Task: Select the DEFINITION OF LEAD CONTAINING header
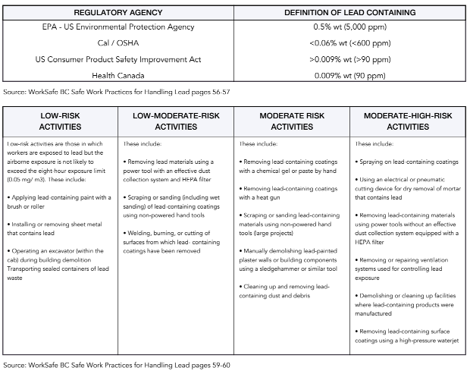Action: coord(349,13)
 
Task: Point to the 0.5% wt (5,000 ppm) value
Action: coord(349,27)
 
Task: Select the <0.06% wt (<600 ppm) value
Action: coord(349,43)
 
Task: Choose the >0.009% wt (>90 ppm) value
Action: coord(349,59)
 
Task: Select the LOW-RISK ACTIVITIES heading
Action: coord(60,121)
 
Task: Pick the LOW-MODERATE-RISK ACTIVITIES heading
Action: coord(176,121)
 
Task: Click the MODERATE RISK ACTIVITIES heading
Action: coord(292,121)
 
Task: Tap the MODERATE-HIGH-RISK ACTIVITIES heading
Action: coord(408,121)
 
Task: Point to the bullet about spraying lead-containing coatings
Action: coord(408,162)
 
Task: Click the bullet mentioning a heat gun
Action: coord(289,193)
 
